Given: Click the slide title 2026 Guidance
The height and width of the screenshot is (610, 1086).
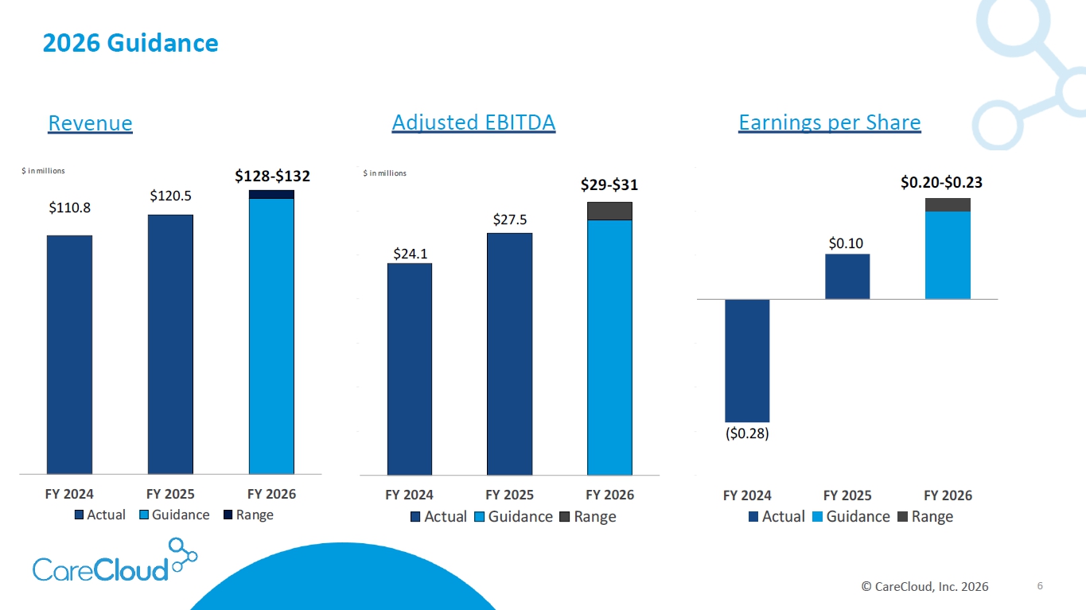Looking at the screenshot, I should coord(130,43).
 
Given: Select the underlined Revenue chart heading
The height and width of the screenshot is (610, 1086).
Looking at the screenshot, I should coord(90,123).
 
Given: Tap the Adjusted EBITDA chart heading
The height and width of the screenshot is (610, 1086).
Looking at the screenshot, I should coord(473,122).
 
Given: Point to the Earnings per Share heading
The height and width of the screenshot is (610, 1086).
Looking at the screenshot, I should coord(829,122).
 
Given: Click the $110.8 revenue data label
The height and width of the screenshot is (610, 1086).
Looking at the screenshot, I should coord(70,208).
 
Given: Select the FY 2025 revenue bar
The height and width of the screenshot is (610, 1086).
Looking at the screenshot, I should coord(170,344).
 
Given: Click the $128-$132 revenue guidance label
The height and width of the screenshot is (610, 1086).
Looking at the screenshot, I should coord(272,176).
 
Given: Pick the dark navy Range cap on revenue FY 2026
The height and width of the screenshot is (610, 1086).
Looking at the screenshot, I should coord(271,194).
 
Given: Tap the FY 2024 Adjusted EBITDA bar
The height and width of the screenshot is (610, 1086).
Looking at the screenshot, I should coord(410,368).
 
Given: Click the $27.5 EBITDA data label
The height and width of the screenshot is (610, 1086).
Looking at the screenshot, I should coord(510,220).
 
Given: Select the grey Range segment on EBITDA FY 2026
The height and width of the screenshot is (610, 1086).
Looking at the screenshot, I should coord(609,211).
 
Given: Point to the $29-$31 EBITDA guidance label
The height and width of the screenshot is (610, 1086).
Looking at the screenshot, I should coord(609,185).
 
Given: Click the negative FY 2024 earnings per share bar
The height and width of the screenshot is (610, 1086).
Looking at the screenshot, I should coord(747,360).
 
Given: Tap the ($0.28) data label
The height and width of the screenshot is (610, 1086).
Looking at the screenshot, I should coord(747,434).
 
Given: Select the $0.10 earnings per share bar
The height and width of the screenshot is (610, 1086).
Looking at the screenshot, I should coord(847,277).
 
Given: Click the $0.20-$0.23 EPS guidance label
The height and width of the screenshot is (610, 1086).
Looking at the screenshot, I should coord(941,183).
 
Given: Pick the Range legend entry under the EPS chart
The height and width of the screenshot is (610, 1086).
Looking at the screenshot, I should coord(924,516).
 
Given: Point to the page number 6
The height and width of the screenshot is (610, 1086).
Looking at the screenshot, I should coord(1039,586).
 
